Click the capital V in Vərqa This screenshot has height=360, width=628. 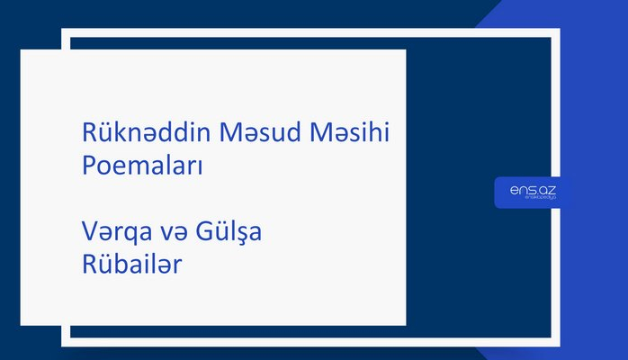(x=88, y=233)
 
